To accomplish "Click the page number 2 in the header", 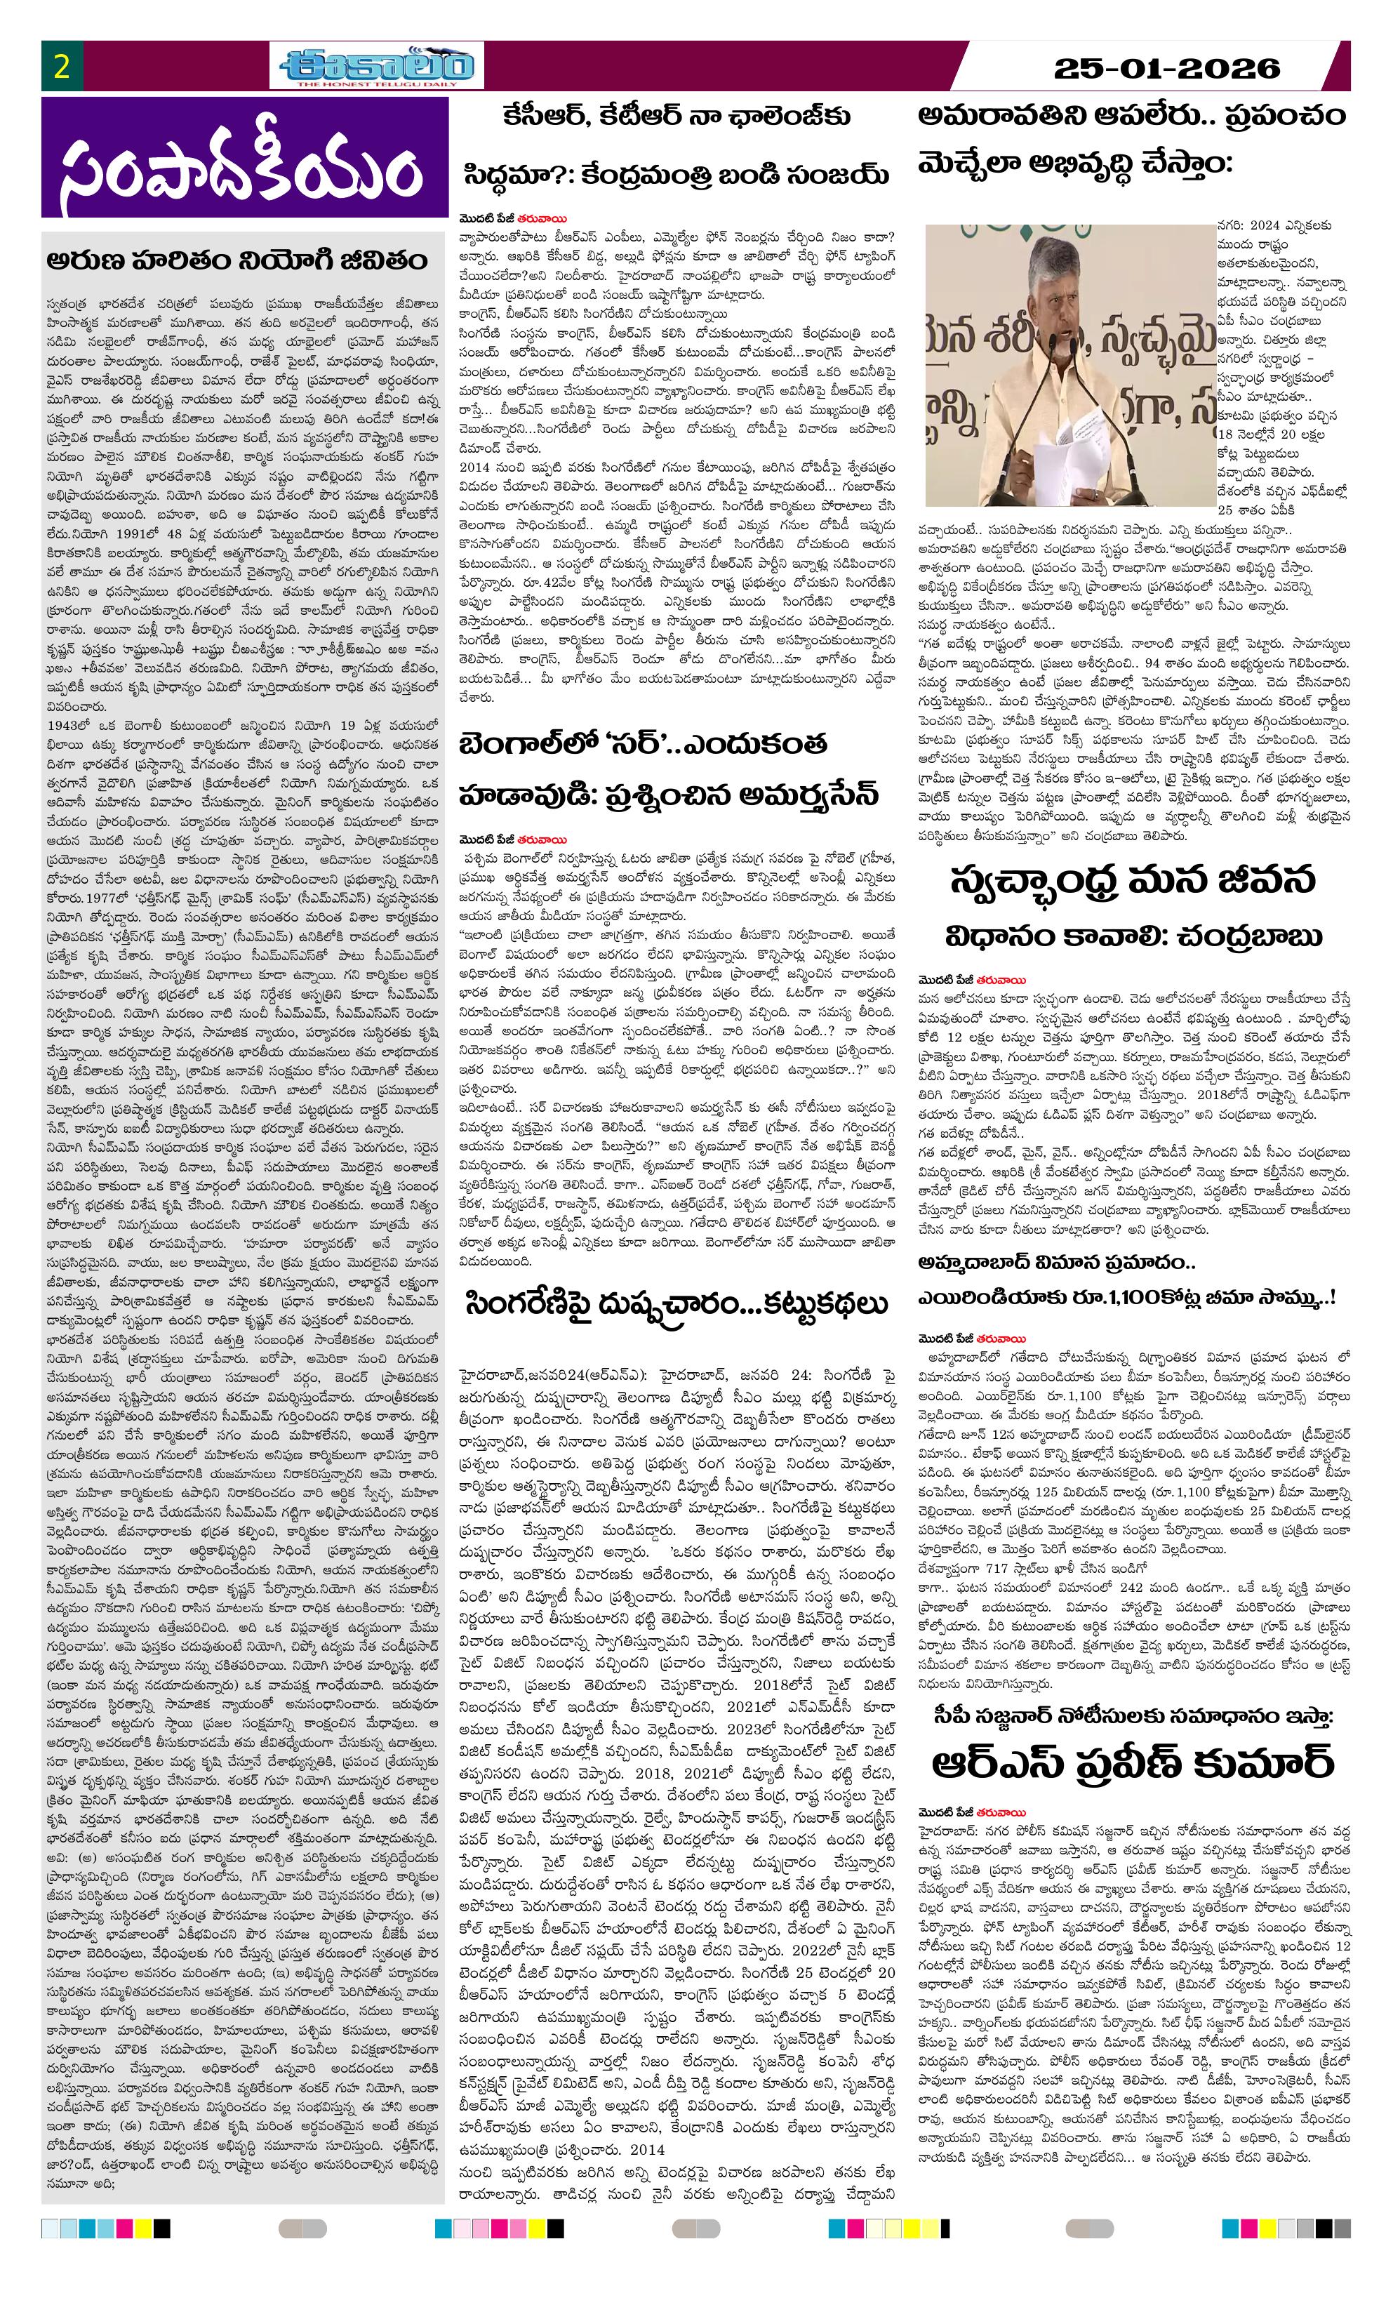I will [62, 67].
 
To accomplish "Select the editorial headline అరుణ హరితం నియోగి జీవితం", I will [238, 259].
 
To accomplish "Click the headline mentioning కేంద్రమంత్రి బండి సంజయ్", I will [676, 175].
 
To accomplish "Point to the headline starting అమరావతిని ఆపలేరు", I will [1131, 116].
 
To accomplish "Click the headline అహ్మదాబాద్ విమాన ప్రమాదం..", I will [1057, 1263].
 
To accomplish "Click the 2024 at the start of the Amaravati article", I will [1267, 225].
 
